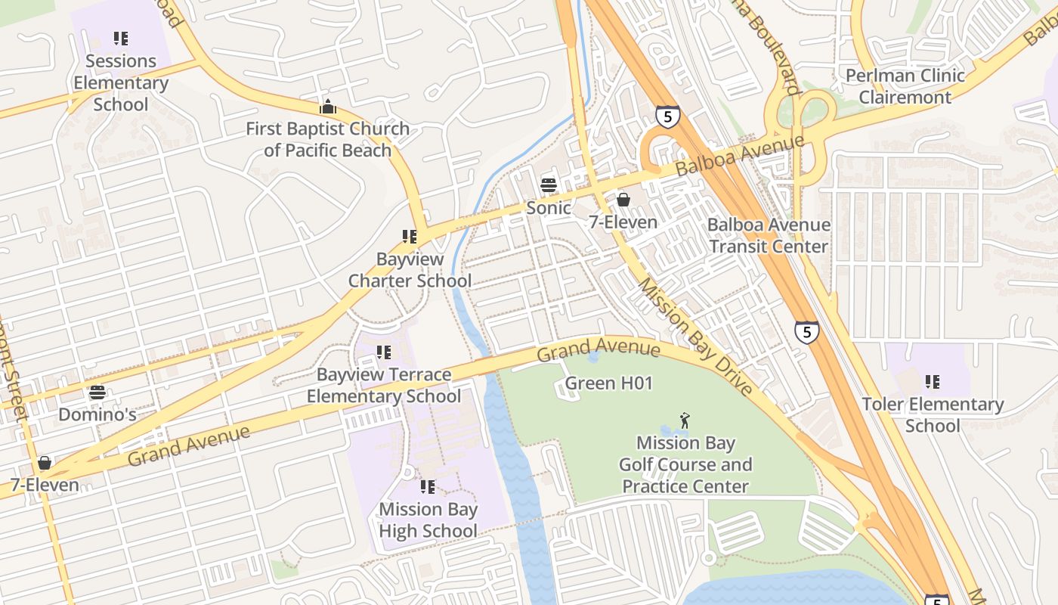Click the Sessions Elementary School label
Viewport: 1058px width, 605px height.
pyautogui.click(x=121, y=82)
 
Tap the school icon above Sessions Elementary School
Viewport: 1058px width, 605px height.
pyautogui.click(x=121, y=38)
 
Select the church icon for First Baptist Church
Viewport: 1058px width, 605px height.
pyautogui.click(x=328, y=107)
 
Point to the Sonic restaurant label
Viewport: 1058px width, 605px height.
pyautogui.click(x=549, y=207)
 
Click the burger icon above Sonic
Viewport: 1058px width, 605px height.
pyautogui.click(x=549, y=185)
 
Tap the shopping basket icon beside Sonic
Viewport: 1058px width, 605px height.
pyautogui.click(x=623, y=200)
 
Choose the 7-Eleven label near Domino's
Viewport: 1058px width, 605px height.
pyautogui.click(x=45, y=485)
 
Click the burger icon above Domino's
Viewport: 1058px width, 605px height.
pyautogui.click(x=97, y=392)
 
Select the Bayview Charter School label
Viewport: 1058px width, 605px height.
pyautogui.click(x=410, y=270)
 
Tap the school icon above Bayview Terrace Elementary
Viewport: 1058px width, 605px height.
pyautogui.click(x=384, y=352)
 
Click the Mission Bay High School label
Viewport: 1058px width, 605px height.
pyautogui.click(x=428, y=520)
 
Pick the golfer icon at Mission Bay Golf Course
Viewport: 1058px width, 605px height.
pyautogui.click(x=685, y=420)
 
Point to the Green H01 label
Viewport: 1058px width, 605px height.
pyautogui.click(x=608, y=383)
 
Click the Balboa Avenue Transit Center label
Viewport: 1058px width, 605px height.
pyautogui.click(x=769, y=235)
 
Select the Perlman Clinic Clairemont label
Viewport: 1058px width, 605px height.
pyautogui.click(x=905, y=86)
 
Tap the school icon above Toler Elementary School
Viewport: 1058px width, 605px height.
pyautogui.click(x=933, y=382)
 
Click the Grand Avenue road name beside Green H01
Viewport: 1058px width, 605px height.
pyautogui.click(x=599, y=351)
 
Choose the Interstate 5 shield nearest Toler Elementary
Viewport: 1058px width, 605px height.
pyautogui.click(x=806, y=331)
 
